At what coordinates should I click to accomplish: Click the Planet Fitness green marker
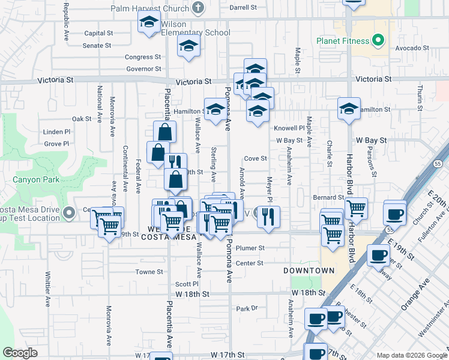[x=378, y=41]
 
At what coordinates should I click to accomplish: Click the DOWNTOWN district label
[x=309, y=271]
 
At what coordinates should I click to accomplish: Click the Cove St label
[x=255, y=159]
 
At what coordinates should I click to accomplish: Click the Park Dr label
[x=246, y=308]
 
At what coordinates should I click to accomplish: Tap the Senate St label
[x=97, y=45]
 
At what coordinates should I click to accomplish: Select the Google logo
[x=20, y=353]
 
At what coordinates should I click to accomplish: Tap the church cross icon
[x=197, y=8]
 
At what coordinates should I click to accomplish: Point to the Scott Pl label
[x=187, y=284]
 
